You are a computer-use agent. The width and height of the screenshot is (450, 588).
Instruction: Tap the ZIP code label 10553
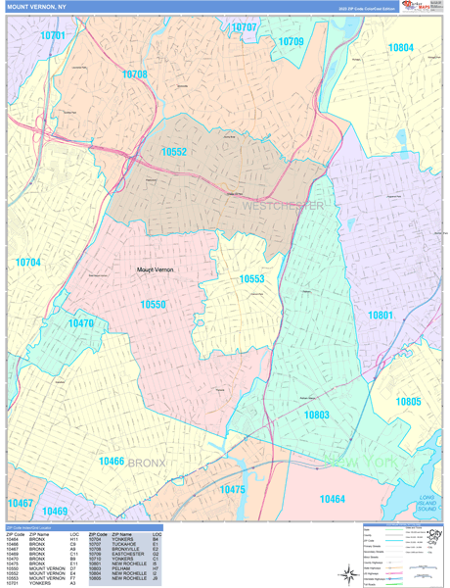tap(252, 279)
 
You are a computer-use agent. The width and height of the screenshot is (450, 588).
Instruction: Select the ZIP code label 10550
tap(153, 305)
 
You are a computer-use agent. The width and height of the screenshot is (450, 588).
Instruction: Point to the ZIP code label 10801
tap(381, 315)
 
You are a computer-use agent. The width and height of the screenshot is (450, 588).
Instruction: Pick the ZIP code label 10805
tap(408, 402)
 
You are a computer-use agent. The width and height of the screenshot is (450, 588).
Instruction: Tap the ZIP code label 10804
tap(400, 47)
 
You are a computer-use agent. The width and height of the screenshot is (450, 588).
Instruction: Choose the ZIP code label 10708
tap(134, 74)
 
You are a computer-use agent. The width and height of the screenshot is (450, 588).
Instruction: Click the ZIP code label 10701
tap(54, 35)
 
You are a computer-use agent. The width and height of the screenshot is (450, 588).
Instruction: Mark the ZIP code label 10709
tap(291, 42)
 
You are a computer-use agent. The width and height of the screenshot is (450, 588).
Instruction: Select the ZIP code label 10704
tap(28, 263)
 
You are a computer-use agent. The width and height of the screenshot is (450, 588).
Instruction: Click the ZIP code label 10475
tap(233, 489)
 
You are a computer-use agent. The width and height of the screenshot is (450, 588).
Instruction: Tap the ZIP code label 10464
tap(333, 500)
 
